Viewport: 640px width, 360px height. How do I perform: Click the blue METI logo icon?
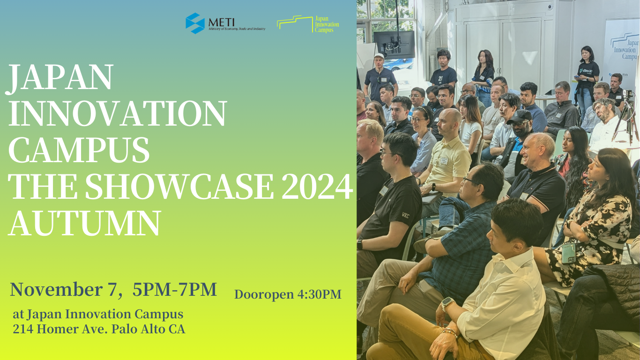pyautogui.click(x=195, y=23)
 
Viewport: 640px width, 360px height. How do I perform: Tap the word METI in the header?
pyautogui.click(x=222, y=22)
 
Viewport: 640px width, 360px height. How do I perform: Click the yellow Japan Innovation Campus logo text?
pyautogui.click(x=327, y=24)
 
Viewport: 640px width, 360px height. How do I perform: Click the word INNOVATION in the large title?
pyautogui.click(x=118, y=113)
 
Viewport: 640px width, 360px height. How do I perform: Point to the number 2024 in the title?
pyautogui.click(x=317, y=186)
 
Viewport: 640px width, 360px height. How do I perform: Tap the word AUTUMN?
pyautogui.click(x=85, y=223)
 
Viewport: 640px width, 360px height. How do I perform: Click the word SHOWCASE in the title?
pyautogui.click(x=179, y=186)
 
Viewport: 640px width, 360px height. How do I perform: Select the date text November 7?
pyautogui.click(x=63, y=289)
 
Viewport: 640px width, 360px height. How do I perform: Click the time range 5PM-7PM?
pyautogui.click(x=175, y=289)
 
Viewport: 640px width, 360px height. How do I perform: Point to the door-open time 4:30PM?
pyautogui.click(x=319, y=294)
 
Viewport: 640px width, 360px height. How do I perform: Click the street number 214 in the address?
pyautogui.click(x=23, y=329)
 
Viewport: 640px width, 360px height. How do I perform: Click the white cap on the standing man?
pyautogui.click(x=379, y=56)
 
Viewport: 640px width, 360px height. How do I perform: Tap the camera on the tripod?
pyautogui.click(x=627, y=94)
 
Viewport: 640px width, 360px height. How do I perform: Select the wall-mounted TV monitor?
pyautogui.click(x=394, y=45)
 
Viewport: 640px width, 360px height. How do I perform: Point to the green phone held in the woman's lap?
pyautogui.click(x=569, y=253)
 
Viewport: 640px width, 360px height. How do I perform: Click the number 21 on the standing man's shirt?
pyautogui.click(x=440, y=78)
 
